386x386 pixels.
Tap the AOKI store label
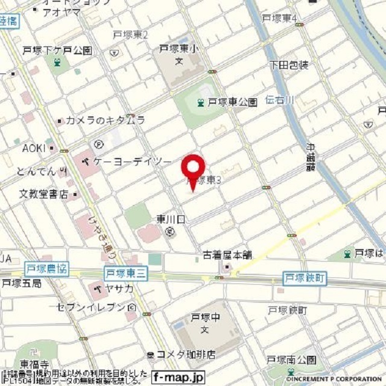(34, 148)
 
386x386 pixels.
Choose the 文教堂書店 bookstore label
(48, 194)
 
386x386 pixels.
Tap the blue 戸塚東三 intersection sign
(125, 273)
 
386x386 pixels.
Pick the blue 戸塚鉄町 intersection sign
(305, 278)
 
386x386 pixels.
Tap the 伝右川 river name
(280, 100)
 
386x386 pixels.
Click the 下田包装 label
(290, 64)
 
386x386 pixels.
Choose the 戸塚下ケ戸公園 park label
(57, 50)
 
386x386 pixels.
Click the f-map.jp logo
(179, 376)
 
